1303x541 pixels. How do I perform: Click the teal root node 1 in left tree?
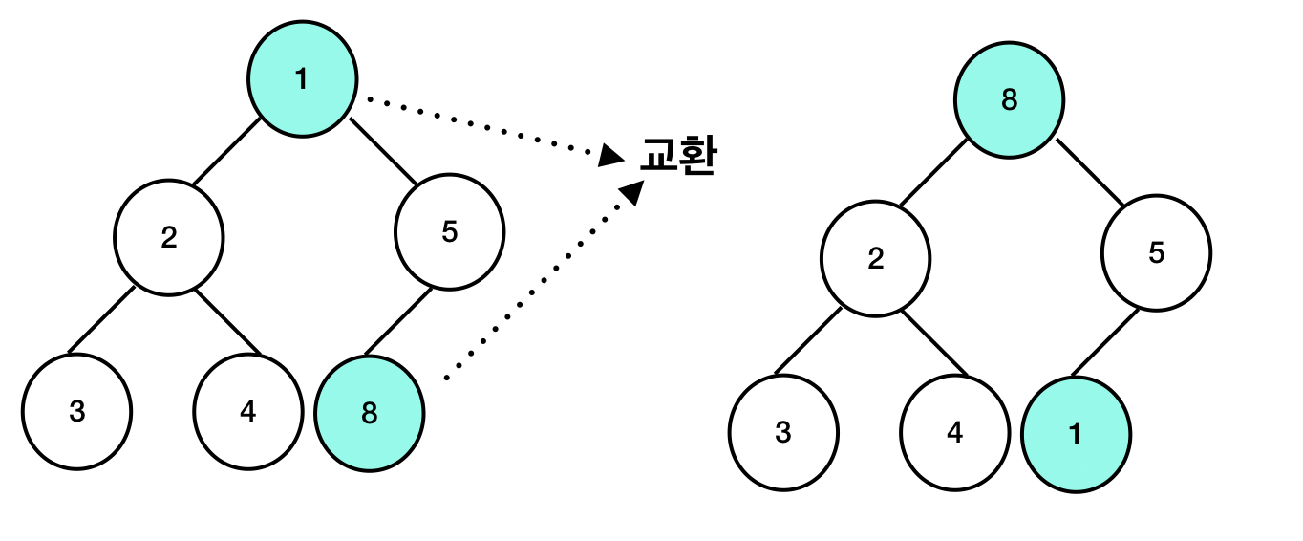[x=302, y=78]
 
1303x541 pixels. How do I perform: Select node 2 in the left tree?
[x=169, y=236]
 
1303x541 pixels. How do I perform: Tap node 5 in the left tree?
[x=450, y=231]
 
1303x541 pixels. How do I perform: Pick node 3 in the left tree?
[x=77, y=411]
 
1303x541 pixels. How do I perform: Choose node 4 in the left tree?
[x=248, y=411]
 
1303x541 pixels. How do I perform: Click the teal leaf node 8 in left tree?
[x=370, y=414]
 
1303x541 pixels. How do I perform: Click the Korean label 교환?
[x=678, y=155]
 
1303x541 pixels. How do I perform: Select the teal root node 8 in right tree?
[x=1009, y=99]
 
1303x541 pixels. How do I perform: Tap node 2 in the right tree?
[x=875, y=258]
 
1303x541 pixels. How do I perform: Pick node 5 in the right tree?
[x=1156, y=254]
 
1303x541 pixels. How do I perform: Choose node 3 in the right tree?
[x=783, y=432]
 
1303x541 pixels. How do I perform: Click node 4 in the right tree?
[x=954, y=432]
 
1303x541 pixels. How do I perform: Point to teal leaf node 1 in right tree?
[x=1076, y=435]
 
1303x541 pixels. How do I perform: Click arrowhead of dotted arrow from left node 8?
[x=632, y=192]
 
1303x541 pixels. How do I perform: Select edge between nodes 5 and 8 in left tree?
[x=397, y=321]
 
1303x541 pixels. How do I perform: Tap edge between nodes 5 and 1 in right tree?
[x=1104, y=342]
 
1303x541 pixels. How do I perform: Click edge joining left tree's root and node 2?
[x=226, y=152]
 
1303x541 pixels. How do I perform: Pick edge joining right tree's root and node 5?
[x=1090, y=173]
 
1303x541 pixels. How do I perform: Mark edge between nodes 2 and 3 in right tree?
[x=808, y=340]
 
